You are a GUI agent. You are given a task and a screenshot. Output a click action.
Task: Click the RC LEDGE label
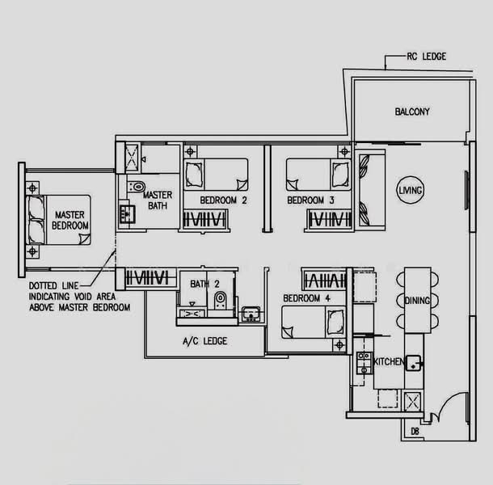427,57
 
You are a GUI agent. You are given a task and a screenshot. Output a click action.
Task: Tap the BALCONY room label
412,112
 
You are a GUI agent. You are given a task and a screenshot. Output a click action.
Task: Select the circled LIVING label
411,190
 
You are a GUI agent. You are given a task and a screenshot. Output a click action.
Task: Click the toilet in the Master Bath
137,187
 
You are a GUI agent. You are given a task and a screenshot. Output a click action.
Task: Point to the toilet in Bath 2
220,300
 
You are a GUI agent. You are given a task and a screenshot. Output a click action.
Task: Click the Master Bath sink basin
127,214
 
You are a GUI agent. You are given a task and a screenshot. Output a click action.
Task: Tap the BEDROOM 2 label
223,200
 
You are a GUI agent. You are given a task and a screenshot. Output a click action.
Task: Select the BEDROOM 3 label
310,200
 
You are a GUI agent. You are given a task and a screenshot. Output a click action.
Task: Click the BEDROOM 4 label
306,297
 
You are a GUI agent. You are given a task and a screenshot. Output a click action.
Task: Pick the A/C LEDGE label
204,341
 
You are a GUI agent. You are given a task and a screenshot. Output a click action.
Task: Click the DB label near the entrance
415,431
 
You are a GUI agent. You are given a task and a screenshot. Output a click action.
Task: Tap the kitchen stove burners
364,363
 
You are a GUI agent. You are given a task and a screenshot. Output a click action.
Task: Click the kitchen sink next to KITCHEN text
414,363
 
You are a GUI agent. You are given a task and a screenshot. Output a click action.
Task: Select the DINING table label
417,301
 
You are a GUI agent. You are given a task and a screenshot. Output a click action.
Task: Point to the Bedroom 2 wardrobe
204,219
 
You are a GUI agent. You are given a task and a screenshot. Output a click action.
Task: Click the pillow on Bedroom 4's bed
335,322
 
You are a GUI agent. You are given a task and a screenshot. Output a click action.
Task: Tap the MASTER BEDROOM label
70,220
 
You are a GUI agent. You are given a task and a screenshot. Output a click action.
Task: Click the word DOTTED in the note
43,285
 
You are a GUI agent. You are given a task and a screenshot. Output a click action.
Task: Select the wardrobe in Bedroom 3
329,219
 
